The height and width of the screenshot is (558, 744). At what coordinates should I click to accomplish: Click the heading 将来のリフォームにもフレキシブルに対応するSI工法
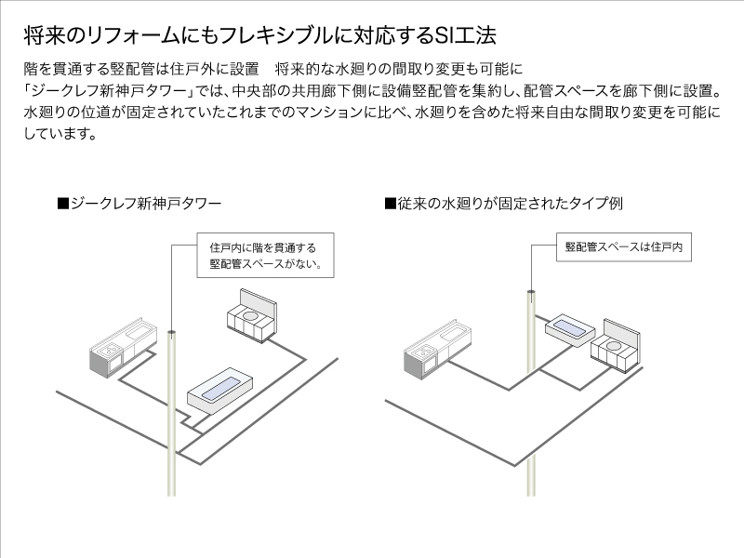point(259,37)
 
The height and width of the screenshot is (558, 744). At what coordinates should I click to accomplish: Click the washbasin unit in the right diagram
point(618,347)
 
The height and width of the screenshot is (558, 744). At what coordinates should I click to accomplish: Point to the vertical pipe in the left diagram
point(173,418)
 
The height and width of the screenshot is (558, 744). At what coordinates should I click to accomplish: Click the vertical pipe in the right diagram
point(530,400)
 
